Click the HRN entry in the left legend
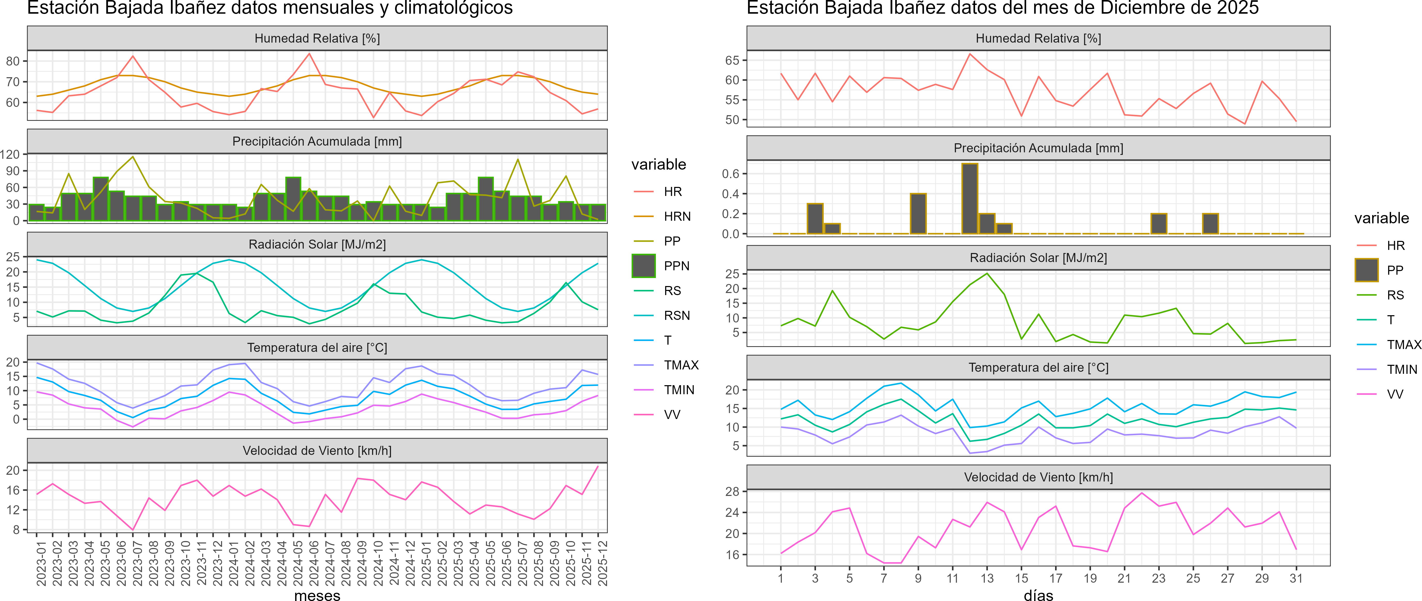(x=677, y=216)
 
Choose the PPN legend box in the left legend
(x=644, y=266)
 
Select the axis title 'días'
(x=1038, y=595)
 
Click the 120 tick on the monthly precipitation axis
(x=10, y=155)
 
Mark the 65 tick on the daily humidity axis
(x=732, y=60)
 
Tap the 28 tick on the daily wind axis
(x=732, y=491)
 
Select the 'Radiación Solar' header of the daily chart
(x=1038, y=258)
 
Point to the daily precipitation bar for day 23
(x=1159, y=224)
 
